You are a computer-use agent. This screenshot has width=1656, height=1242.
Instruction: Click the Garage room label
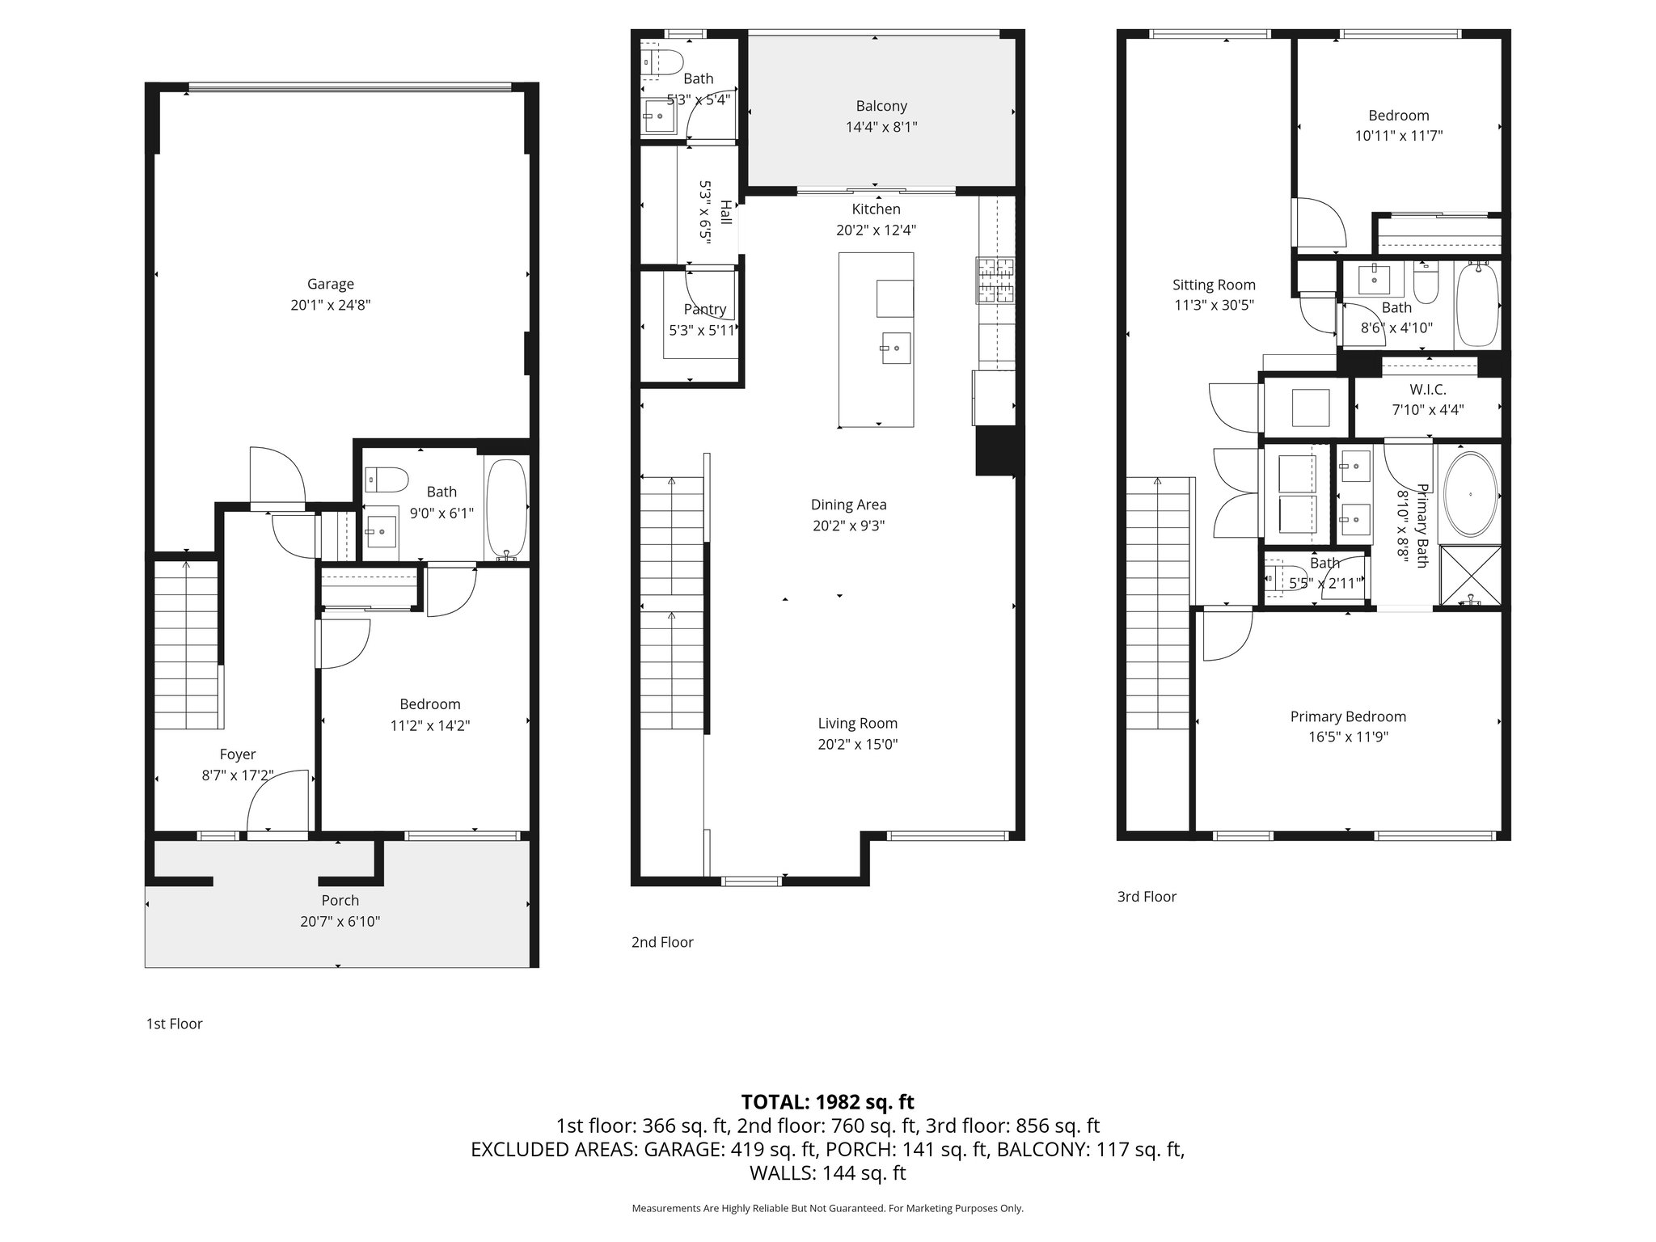click(330, 284)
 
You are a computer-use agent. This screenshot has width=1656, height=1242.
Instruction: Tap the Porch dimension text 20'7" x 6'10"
click(340, 921)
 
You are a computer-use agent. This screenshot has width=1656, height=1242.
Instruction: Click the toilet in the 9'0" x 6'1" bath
click(387, 479)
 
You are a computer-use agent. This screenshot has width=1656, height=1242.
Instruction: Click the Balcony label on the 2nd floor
click(881, 106)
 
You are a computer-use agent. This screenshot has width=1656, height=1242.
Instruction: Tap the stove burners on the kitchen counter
click(995, 280)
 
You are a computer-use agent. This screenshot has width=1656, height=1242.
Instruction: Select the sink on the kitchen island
click(895, 348)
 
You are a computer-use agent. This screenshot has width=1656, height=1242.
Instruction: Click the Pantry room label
click(704, 309)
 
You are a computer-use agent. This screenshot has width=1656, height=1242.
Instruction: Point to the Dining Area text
click(848, 505)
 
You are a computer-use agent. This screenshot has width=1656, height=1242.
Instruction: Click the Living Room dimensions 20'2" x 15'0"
click(857, 744)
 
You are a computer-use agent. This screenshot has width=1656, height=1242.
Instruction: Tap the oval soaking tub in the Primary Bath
click(1471, 495)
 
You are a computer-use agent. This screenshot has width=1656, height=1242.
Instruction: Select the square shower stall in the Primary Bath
click(1470, 576)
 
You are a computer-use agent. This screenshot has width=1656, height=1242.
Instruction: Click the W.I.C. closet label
click(1427, 390)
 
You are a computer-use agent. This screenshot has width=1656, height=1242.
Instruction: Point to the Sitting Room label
click(1214, 285)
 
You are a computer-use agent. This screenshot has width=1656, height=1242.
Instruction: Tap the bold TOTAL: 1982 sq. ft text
click(827, 1101)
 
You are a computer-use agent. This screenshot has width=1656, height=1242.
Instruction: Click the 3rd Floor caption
click(1147, 896)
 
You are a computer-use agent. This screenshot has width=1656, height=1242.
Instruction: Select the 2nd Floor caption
click(662, 942)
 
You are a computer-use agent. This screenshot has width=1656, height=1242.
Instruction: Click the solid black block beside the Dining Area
click(995, 451)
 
